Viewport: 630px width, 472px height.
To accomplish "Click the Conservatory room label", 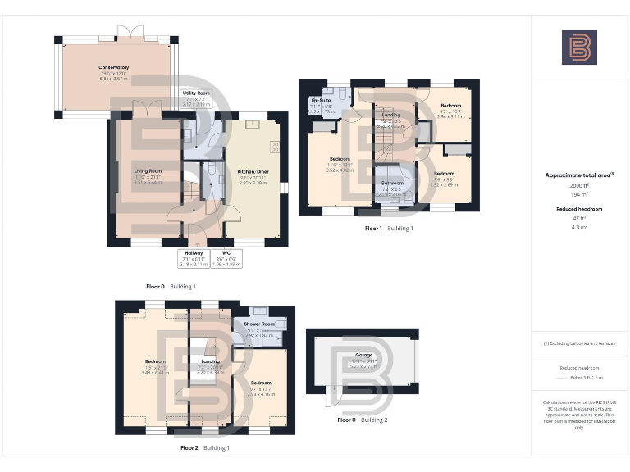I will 115,67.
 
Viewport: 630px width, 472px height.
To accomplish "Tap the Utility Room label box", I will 195,98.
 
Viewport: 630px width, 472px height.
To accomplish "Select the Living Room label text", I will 148,171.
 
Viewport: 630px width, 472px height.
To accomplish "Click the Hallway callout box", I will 194,258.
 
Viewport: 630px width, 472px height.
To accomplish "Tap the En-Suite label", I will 320,102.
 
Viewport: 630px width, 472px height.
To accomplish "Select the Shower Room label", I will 258,324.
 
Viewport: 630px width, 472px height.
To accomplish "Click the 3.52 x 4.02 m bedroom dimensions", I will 340,170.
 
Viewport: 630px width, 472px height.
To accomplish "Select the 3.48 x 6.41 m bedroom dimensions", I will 156,372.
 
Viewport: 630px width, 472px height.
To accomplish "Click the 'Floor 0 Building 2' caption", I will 363,420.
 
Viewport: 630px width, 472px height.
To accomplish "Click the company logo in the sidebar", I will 579,47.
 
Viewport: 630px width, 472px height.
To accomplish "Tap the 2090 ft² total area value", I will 579,186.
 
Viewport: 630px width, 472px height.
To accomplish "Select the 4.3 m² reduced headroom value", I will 579,225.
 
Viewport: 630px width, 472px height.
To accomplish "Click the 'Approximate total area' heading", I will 579,175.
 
